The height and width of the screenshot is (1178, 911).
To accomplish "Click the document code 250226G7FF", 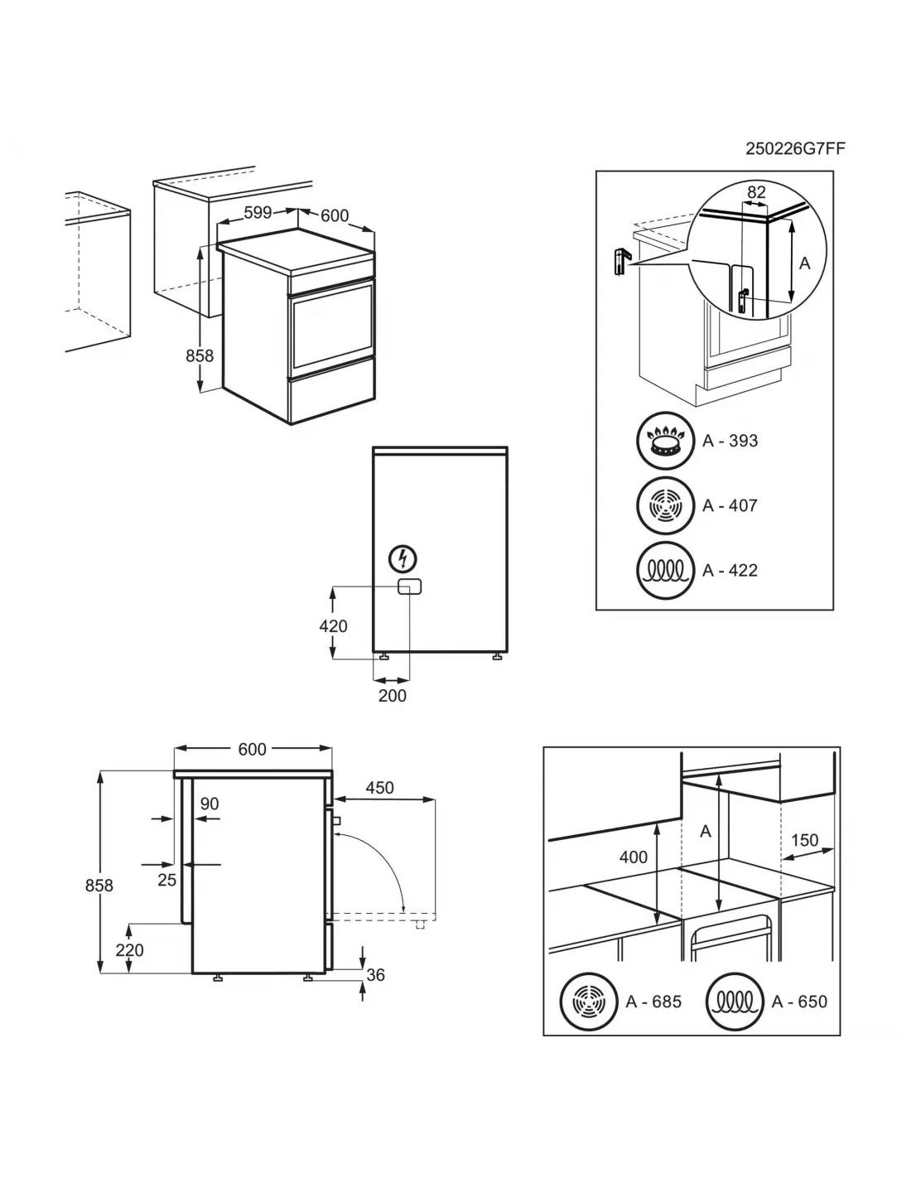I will (x=795, y=148).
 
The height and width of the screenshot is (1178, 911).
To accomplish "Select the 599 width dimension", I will (x=258, y=212).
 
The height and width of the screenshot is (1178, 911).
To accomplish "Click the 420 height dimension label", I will (x=333, y=626).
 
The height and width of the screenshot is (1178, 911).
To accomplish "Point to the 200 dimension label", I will (x=392, y=696).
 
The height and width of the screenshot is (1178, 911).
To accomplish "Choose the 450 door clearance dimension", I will (x=379, y=788).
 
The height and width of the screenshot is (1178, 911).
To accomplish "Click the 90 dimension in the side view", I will (x=209, y=804).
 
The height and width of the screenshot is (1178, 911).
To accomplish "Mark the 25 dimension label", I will (x=166, y=880).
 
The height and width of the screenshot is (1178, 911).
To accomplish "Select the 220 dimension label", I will (x=129, y=950).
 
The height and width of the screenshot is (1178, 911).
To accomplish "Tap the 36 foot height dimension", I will (x=375, y=975).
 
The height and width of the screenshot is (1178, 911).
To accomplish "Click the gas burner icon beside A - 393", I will (x=664, y=441).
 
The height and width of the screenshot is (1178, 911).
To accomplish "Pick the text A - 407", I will (x=730, y=505).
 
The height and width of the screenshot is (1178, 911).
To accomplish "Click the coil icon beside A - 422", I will (x=664, y=570).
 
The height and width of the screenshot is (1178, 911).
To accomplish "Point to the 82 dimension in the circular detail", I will (x=756, y=192).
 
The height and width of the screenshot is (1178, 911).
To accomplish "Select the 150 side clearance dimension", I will (x=804, y=840).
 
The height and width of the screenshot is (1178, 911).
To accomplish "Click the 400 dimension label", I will (x=634, y=857).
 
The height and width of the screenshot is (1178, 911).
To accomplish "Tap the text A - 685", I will (x=653, y=1002).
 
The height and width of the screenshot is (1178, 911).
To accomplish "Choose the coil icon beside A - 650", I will (x=734, y=1002).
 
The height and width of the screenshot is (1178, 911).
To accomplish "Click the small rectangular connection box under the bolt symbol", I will (x=409, y=587).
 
